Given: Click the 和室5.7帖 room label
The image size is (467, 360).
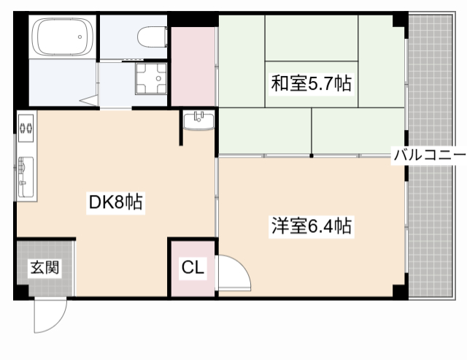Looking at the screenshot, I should (x=312, y=84).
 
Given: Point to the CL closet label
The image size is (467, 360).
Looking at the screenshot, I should (x=193, y=268).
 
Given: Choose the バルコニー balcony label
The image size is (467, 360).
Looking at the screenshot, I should (x=429, y=155).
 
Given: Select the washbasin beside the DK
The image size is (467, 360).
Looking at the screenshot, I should (x=198, y=121).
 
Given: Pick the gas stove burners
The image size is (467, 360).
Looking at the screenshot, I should (x=26, y=129).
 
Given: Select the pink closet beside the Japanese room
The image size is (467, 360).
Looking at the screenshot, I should (x=193, y=66).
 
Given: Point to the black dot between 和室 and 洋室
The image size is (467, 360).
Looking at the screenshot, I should (x=312, y=156).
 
